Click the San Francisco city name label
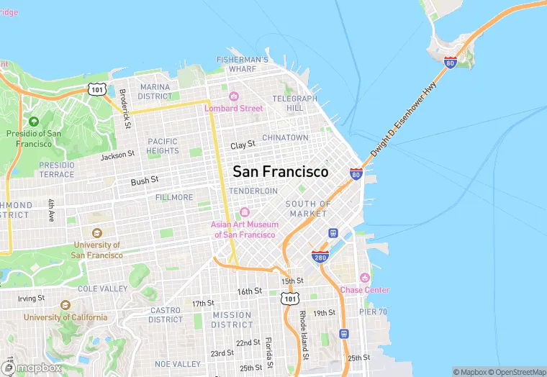click(280, 172)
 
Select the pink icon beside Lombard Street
click(233, 96)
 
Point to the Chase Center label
click(365, 290)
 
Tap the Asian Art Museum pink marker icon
click(244, 212)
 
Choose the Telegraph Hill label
click(295, 103)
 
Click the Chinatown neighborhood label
click(285, 137)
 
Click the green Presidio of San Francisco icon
click(34, 121)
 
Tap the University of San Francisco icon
click(96, 233)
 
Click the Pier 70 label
click(373, 312)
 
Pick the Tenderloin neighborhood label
click(253, 191)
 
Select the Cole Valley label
click(102, 289)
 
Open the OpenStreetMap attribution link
click(517, 372)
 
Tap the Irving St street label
click(31, 298)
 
